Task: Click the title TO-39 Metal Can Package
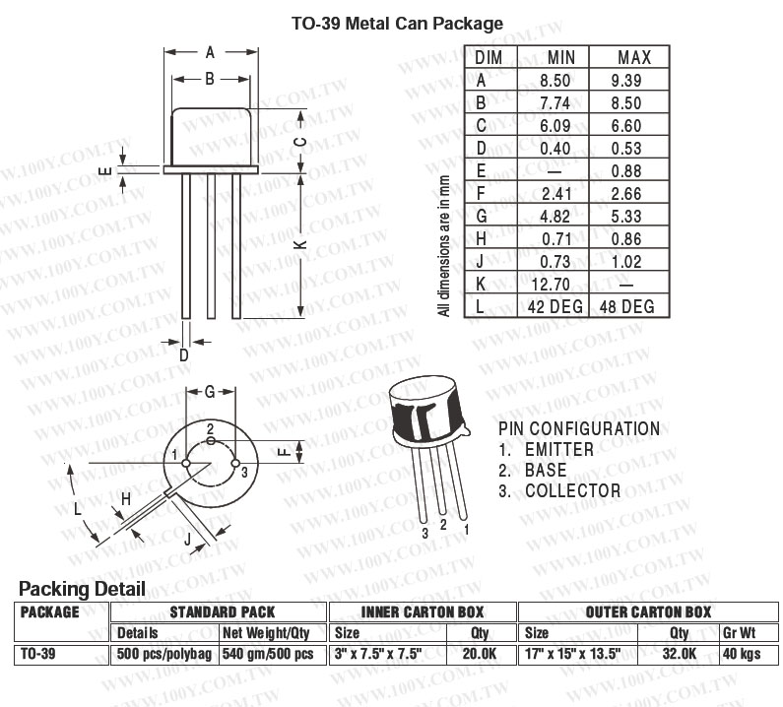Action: (397, 24)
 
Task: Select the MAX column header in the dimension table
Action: (634, 57)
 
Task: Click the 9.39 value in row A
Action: (626, 81)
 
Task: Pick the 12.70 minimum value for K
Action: (551, 285)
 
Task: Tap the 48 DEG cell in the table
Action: (627, 306)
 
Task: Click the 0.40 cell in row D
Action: (555, 149)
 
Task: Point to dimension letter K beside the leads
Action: (300, 244)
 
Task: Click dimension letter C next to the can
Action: (300, 142)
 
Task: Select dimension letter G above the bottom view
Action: (210, 392)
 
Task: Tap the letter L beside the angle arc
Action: (77, 509)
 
